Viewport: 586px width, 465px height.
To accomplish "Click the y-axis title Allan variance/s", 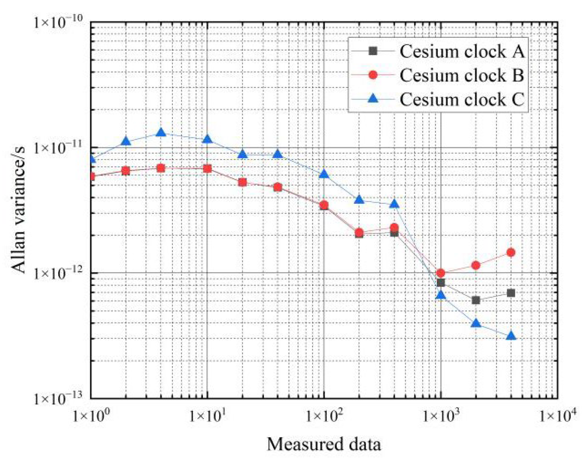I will click(x=18, y=210).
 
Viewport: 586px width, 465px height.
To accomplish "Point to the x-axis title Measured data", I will click(x=323, y=444).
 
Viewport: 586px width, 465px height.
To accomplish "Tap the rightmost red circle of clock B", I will click(x=511, y=253).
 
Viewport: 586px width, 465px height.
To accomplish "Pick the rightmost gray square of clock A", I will click(x=511, y=293).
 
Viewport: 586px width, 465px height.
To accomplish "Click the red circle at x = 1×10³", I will click(x=441, y=273).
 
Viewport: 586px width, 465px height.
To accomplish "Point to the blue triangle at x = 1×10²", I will click(x=324, y=174).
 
